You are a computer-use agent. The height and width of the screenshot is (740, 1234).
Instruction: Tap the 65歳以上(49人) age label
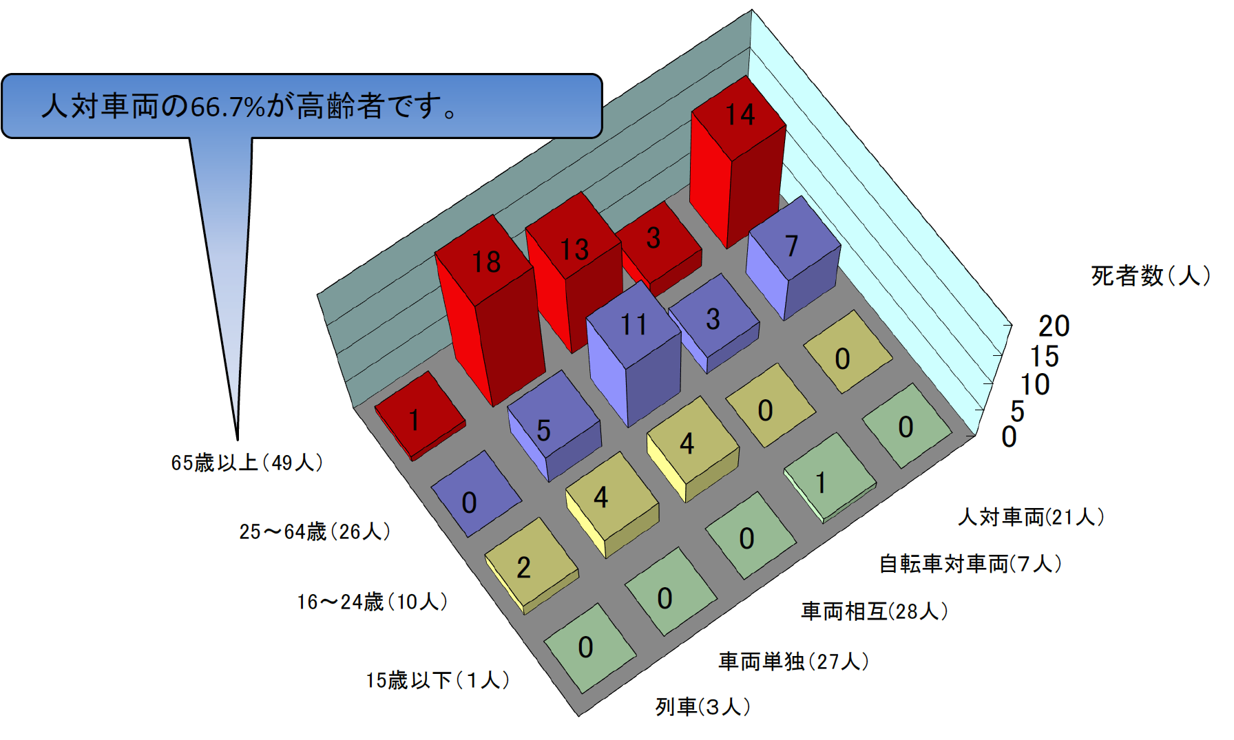tap(247, 463)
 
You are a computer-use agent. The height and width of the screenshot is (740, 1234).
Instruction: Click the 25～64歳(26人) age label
tap(315, 531)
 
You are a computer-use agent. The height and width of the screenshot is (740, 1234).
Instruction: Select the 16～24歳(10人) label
tap(373, 602)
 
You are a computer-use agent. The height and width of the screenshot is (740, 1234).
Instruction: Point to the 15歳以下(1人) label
tap(437, 680)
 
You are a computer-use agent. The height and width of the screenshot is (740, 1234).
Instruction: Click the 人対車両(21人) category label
tap(1031, 516)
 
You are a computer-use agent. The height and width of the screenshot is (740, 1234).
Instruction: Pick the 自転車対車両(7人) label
tap(970, 564)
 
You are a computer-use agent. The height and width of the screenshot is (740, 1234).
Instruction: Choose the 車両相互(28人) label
tap(875, 611)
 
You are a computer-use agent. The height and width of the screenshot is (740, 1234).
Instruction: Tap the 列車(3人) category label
tap(703, 706)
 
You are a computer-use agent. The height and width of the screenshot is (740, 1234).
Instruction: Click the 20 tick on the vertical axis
tap(1054, 326)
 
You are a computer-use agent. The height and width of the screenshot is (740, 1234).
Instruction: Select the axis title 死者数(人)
tap(1150, 275)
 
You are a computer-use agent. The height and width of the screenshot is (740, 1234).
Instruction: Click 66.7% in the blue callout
tap(227, 107)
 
